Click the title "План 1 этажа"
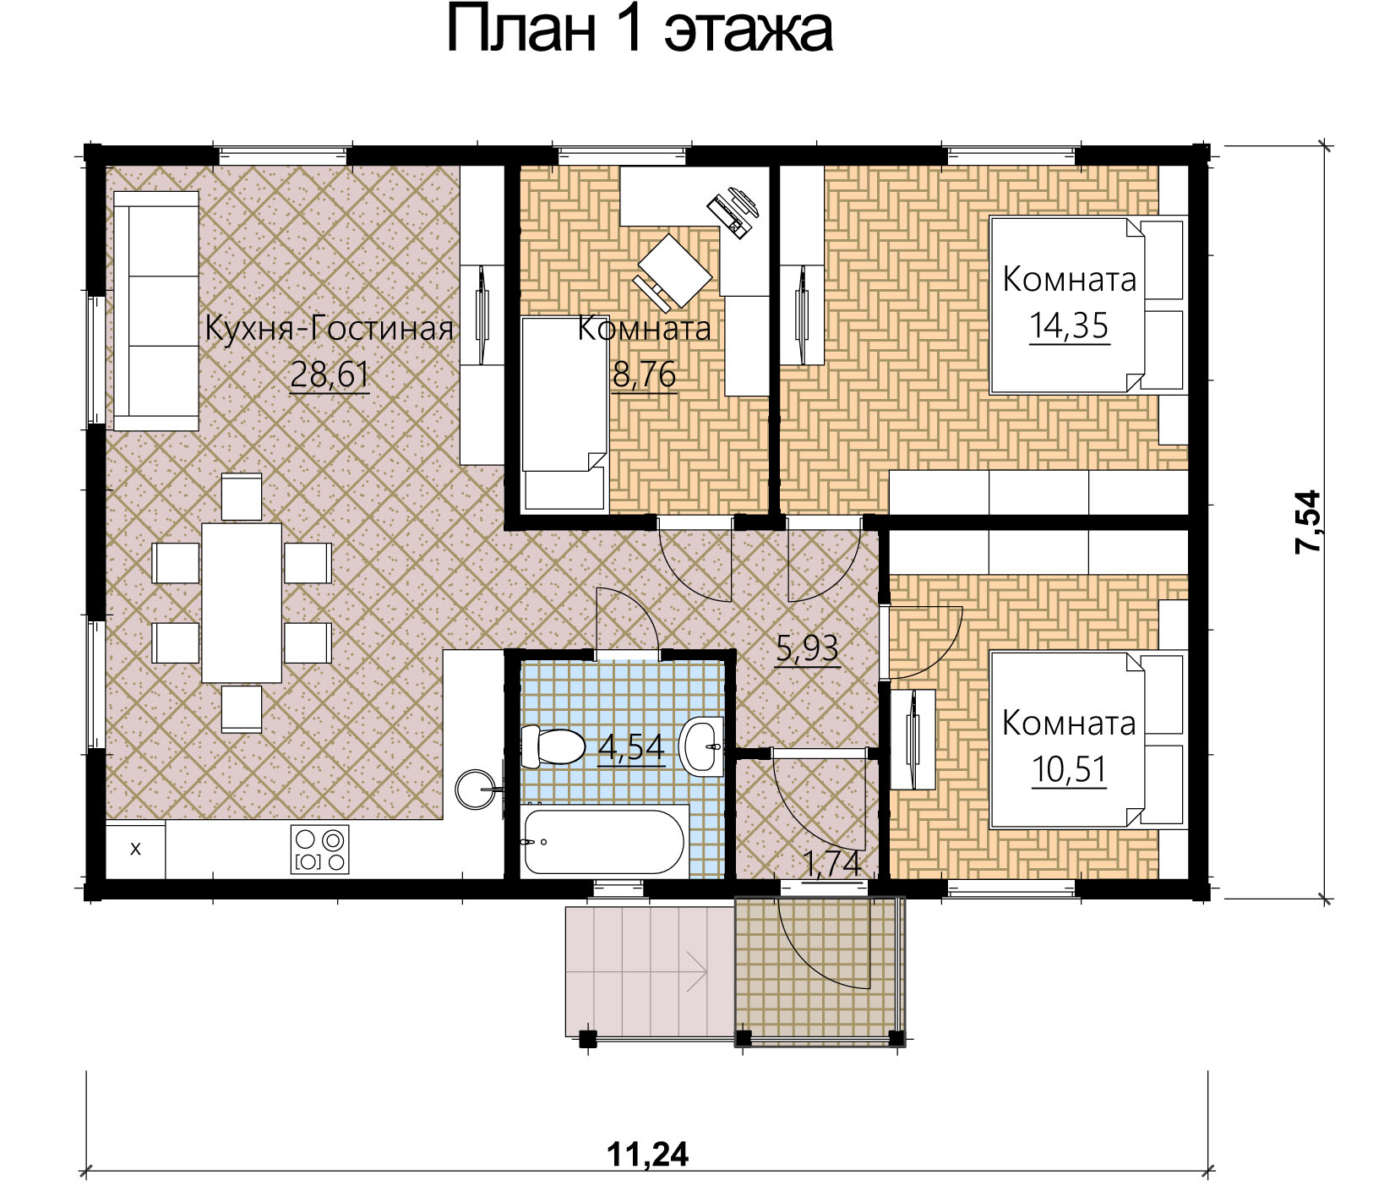click(640, 30)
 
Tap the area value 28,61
click(330, 374)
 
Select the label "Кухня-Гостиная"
click(330, 328)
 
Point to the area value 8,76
click(644, 374)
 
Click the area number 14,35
click(1069, 326)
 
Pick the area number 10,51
click(1069, 770)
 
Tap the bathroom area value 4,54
click(631, 747)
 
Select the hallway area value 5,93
click(808, 648)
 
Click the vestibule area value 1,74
click(832, 864)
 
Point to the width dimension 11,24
click(648, 1154)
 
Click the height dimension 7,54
click(1307, 522)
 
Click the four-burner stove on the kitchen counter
click(319, 850)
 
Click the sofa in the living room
click(156, 311)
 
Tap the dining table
click(242, 603)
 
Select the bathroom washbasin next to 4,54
click(703, 746)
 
